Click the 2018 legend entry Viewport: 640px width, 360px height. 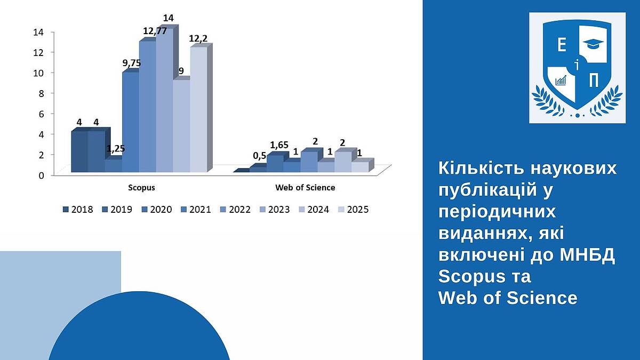point(78,210)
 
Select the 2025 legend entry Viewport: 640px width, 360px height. point(354,210)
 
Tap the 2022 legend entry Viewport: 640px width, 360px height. point(235,210)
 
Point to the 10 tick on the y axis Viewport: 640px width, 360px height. point(38,73)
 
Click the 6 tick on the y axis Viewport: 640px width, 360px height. point(42,114)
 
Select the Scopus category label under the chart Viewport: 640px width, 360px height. point(141,188)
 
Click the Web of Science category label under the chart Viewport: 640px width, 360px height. point(305,188)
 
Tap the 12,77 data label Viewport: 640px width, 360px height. point(155,31)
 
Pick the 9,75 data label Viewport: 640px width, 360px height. point(132,63)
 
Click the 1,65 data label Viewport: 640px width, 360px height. point(279,145)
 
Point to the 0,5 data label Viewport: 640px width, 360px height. point(259,156)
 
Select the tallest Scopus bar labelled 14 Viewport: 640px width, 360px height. point(165,100)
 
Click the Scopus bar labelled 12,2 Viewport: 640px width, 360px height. point(199,109)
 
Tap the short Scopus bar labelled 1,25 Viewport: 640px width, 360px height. point(114,165)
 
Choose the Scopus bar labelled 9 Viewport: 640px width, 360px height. point(182,126)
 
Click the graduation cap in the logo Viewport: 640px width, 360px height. point(593,44)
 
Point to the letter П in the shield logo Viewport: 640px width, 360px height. point(594,80)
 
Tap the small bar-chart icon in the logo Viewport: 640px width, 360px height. point(561,81)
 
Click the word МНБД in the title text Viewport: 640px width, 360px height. point(587,255)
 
